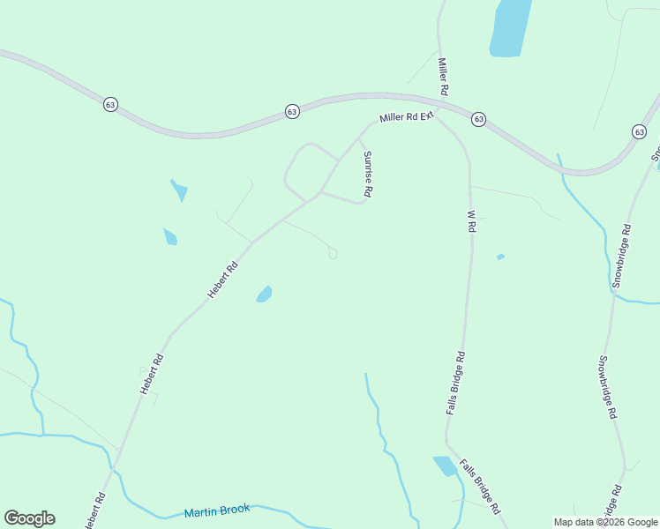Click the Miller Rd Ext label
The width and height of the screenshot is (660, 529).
tap(408, 116)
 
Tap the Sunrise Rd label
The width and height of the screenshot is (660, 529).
tap(368, 174)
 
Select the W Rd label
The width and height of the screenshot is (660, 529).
tap(471, 221)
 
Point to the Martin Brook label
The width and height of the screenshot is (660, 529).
tap(217, 510)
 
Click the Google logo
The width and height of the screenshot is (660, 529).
tap(29, 518)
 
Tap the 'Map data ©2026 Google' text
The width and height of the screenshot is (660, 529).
tap(605, 522)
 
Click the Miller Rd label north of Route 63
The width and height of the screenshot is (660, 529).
tap(444, 78)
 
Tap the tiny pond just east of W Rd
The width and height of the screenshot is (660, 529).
tap(500, 257)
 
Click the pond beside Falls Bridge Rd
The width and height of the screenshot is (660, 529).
tap(445, 466)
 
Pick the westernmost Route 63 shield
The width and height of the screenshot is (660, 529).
tap(110, 104)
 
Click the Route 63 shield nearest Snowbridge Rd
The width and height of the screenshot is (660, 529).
tap(639, 131)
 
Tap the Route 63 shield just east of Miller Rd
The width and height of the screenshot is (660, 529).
tap(478, 119)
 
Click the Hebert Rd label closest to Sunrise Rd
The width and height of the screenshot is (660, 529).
tap(222, 280)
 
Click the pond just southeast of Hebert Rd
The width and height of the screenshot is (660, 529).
tap(264, 294)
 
